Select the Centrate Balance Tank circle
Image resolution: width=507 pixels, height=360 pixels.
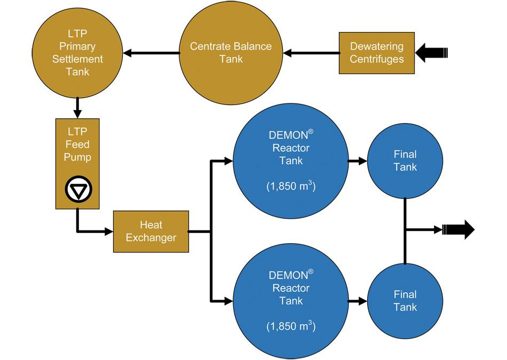pyautogui.click(x=231, y=53)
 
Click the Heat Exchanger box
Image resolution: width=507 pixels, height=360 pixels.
pyautogui.click(x=150, y=231)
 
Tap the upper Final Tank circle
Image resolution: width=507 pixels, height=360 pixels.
pyautogui.click(x=405, y=161)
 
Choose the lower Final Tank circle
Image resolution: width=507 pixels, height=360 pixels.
pyautogui.click(x=405, y=301)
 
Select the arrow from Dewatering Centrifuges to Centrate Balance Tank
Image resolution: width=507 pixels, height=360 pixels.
pyautogui.click(x=312, y=53)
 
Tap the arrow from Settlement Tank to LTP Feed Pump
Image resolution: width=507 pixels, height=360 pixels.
pyautogui.click(x=78, y=107)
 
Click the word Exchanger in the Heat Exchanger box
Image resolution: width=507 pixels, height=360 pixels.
pyautogui.click(x=150, y=238)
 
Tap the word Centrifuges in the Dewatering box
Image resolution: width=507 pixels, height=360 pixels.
pyautogui.click(x=376, y=59)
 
